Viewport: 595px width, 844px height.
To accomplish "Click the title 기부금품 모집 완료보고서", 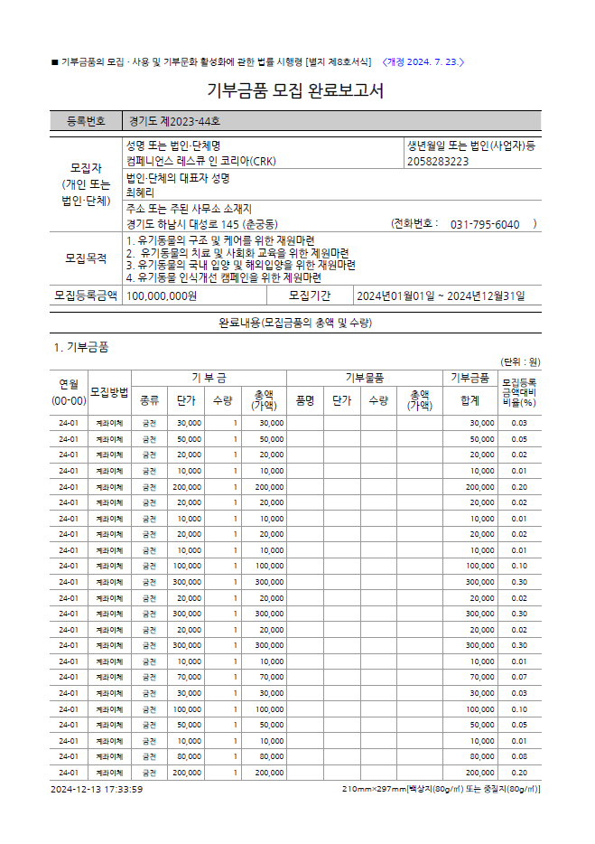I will coord(296,91).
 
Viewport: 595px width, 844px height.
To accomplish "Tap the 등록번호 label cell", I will coord(86,121).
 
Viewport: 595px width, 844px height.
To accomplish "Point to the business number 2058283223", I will coord(438,161).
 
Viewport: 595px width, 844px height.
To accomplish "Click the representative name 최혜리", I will coord(141,192).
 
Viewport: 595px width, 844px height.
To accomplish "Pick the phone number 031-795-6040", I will coord(484,224).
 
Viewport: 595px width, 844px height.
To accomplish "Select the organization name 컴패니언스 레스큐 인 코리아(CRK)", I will coord(202,161).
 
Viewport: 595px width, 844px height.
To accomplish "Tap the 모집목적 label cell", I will coord(86,258).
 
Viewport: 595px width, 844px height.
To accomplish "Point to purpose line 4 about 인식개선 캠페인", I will coord(224,277).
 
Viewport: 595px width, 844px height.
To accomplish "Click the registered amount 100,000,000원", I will coord(162,295).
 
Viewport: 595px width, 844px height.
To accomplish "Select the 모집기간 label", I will coord(310,295).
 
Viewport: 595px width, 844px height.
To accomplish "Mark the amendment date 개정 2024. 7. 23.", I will coord(423,61).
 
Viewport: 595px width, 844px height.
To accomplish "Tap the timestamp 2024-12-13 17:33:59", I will coord(97,789).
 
